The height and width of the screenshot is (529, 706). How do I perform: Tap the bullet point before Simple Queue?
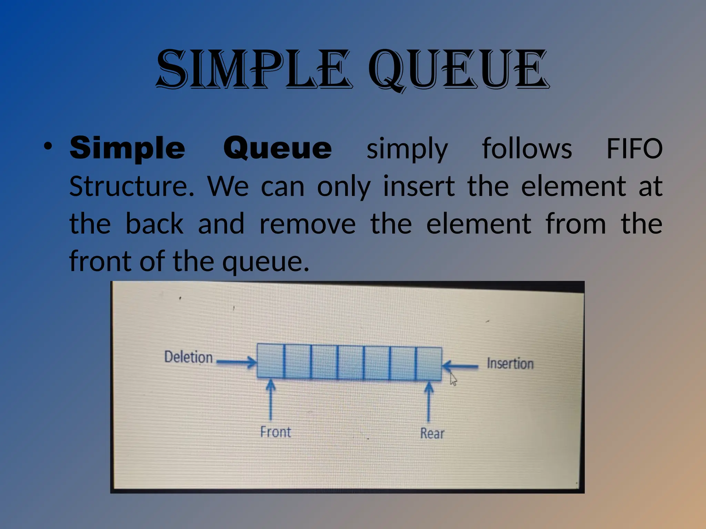coord(48,146)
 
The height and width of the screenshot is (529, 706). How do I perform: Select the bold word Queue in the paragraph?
coord(278,148)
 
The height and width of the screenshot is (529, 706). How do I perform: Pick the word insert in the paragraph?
coord(419,186)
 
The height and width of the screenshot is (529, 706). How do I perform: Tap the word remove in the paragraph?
coord(307,224)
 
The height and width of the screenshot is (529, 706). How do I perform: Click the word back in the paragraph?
coord(154,224)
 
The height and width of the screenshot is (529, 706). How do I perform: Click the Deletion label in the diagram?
coord(188,357)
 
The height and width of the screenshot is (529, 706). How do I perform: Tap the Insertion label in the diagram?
coord(510,364)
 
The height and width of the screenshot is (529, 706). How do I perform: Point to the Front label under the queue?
coord(275,432)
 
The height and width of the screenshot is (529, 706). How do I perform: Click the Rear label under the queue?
coord(432,433)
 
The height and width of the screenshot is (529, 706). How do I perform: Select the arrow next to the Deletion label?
coord(236,362)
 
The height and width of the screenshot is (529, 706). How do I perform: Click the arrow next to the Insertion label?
coord(460,366)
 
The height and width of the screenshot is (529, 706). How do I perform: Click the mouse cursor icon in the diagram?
coord(453,380)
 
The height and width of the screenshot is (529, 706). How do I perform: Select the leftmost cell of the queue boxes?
coord(270,361)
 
